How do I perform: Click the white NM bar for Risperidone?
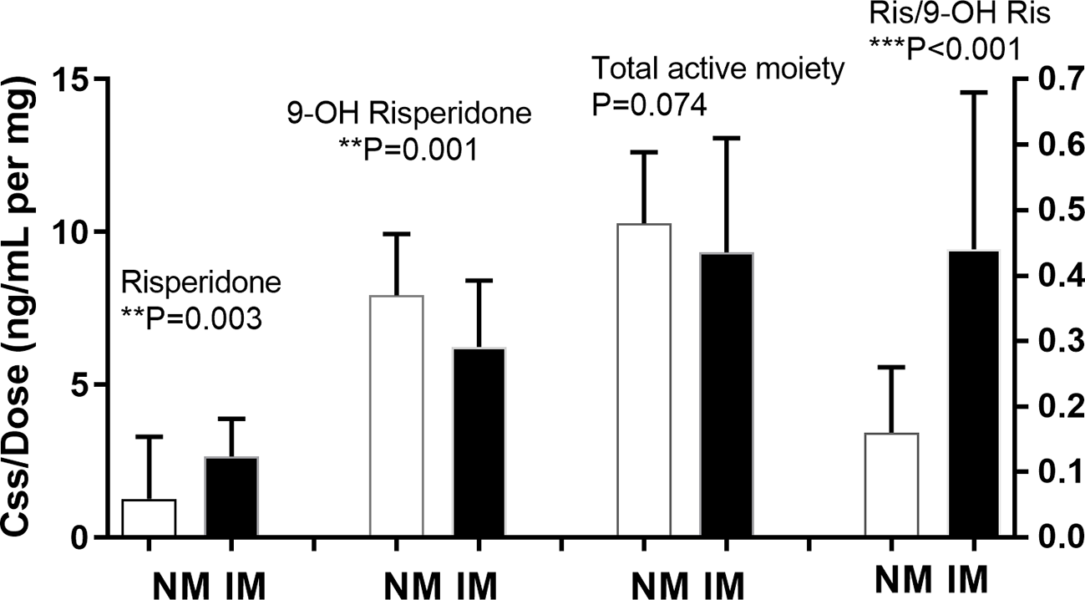tap(149, 518)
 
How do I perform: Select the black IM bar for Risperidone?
tap(231, 496)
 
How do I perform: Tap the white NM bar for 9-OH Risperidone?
tap(396, 415)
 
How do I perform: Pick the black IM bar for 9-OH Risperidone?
tap(479, 442)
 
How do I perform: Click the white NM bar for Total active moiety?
tap(644, 380)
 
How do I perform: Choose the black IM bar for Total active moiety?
tap(727, 394)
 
